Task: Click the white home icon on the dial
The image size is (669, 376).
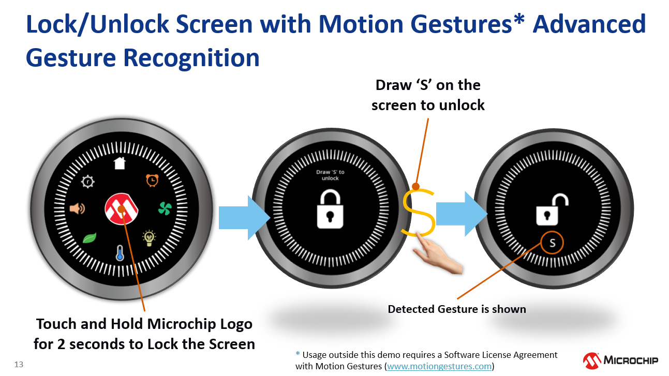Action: click(x=120, y=163)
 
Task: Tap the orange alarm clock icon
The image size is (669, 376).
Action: click(x=152, y=180)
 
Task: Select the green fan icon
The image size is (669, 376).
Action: click(x=165, y=208)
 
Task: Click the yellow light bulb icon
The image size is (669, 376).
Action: click(x=149, y=238)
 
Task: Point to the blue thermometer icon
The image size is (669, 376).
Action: click(x=120, y=253)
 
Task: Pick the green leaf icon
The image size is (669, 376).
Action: click(x=90, y=238)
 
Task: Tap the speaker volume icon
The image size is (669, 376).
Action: click(x=77, y=208)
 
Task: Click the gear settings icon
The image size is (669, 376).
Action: click(x=87, y=182)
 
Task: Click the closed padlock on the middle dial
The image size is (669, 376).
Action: click(x=330, y=209)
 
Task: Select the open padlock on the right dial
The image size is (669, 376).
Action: click(x=552, y=209)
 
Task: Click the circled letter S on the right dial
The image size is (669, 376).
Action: click(x=552, y=243)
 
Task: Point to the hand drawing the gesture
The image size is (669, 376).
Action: click(x=438, y=254)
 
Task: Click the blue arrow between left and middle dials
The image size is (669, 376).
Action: click(x=244, y=218)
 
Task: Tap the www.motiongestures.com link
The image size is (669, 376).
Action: click(x=439, y=366)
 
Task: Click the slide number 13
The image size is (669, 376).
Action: click(x=19, y=364)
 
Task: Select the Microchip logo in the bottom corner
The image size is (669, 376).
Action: click(x=620, y=361)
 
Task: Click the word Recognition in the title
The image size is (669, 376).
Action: click(x=191, y=58)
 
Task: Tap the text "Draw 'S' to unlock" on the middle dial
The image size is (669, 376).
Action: click(x=330, y=175)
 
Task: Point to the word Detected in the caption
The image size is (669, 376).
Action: click(x=411, y=309)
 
